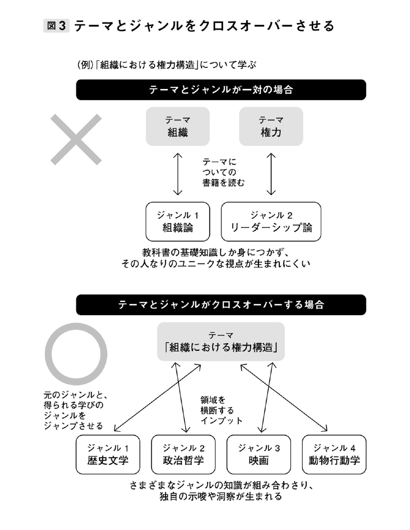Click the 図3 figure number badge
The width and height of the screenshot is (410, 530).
coord(56,26)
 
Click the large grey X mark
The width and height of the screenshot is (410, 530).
coord(76,139)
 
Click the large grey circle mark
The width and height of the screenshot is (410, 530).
coord(76,354)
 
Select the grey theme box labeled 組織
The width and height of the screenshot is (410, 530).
coord(177,126)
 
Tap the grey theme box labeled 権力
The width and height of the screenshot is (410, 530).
coord(271,126)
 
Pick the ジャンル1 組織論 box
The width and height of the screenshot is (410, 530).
coord(177,222)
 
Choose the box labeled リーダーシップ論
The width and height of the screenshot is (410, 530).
coord(271,222)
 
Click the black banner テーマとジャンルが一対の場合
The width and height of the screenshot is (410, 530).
coord(221,90)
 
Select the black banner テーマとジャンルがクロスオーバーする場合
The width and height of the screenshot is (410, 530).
coord(221,305)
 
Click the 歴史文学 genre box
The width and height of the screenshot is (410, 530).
coord(108,454)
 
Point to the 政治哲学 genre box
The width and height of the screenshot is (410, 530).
coord(183,454)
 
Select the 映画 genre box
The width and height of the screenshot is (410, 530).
coord(259,454)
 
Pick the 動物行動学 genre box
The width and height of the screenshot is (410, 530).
coord(334,454)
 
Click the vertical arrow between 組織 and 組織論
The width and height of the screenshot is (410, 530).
coord(177,174)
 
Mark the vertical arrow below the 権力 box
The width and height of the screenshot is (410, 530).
coord(271,174)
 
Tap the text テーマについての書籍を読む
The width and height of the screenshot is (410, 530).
coord(223,172)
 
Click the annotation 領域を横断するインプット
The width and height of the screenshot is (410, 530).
coord(221,410)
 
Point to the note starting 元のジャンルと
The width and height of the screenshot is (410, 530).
coord(74,410)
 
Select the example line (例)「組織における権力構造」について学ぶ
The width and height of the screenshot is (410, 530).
coord(167,65)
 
